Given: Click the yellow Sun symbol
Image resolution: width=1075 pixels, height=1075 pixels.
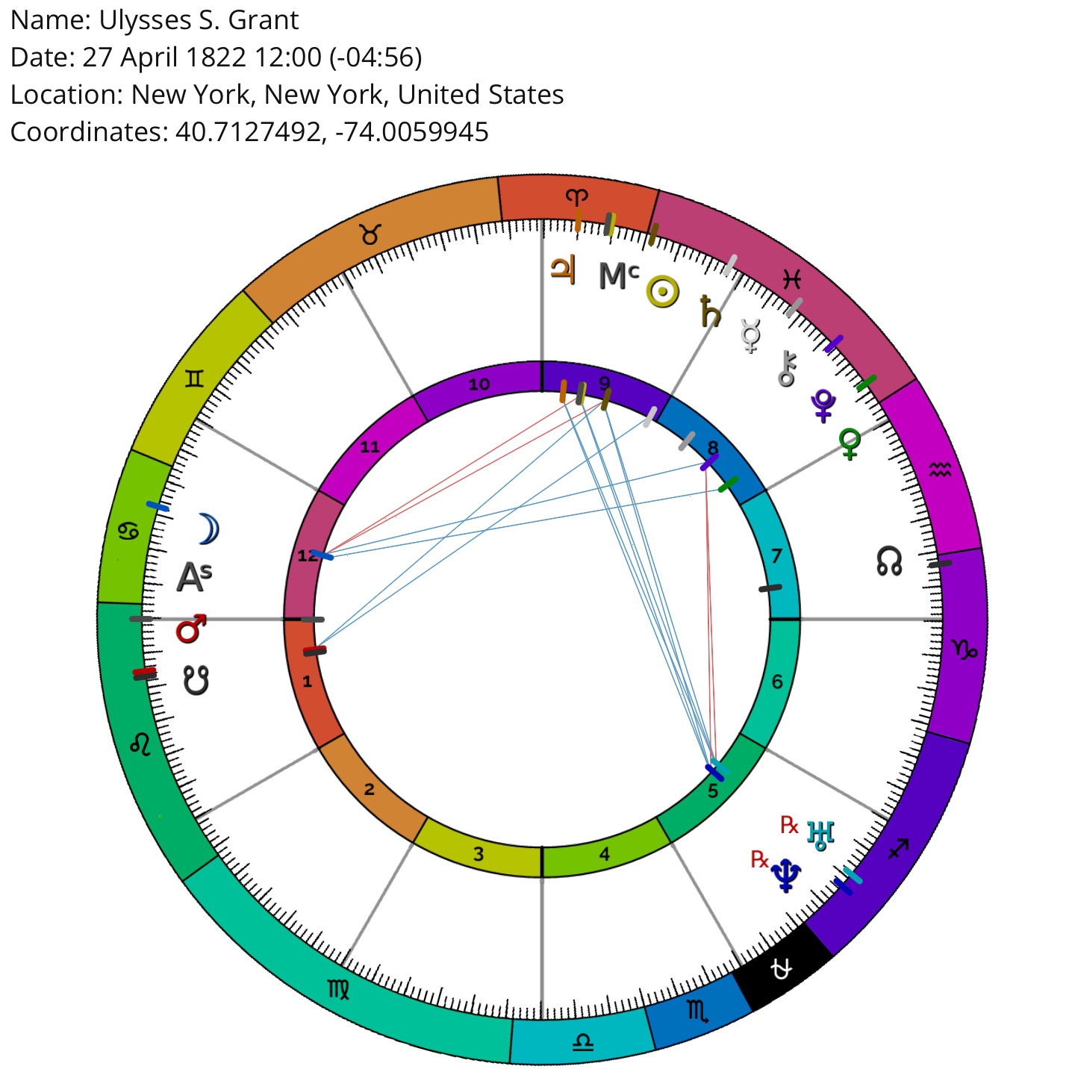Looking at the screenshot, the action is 662,292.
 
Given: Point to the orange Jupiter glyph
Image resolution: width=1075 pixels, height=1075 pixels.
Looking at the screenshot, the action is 563,270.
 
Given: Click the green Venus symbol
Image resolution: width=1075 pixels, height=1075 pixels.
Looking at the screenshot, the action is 849,444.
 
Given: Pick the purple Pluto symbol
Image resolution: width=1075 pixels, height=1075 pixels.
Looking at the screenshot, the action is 823,405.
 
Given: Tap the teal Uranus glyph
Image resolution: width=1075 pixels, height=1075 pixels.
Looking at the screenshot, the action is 820,835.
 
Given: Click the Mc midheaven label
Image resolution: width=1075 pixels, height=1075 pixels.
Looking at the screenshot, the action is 619,275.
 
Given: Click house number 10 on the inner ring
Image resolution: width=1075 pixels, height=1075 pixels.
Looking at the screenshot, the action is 479,384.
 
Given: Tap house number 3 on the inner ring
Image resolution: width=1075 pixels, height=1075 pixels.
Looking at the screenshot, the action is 478,854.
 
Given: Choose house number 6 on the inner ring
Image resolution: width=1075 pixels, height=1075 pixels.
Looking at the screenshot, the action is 777,682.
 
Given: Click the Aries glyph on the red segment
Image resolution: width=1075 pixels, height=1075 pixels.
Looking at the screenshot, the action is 576,196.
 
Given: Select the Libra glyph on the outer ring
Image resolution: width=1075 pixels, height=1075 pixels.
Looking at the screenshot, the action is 583,1041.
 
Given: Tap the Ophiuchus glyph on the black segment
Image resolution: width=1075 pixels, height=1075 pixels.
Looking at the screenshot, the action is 781,969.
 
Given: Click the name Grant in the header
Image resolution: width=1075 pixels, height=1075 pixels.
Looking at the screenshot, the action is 264,21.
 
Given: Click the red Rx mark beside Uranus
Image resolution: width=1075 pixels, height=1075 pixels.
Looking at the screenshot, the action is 789,824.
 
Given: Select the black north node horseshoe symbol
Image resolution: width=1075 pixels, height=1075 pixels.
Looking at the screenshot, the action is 889,561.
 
